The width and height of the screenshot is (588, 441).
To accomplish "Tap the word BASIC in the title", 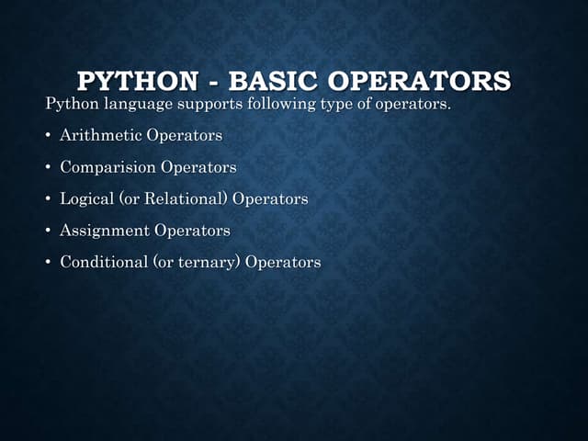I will pyautogui.click(x=271, y=81).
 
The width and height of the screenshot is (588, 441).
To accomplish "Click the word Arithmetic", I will pyautogui.click(x=101, y=135).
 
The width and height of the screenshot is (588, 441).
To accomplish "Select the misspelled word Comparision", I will pyautogui.click(x=108, y=167).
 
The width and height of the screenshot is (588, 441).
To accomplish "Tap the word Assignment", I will pyautogui.click(x=105, y=230).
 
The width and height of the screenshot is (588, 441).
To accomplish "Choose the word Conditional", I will pyautogui.click(x=104, y=262).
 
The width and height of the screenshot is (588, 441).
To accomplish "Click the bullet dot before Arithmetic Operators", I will pyautogui.click(x=49, y=136).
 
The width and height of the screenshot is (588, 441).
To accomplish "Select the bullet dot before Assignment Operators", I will pyautogui.click(x=49, y=231).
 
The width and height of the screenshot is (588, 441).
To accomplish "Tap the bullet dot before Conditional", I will pyautogui.click(x=49, y=263).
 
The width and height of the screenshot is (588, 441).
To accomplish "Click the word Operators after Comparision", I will pyautogui.click(x=198, y=167).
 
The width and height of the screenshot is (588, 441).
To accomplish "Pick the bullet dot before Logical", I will pyautogui.click(x=49, y=199).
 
